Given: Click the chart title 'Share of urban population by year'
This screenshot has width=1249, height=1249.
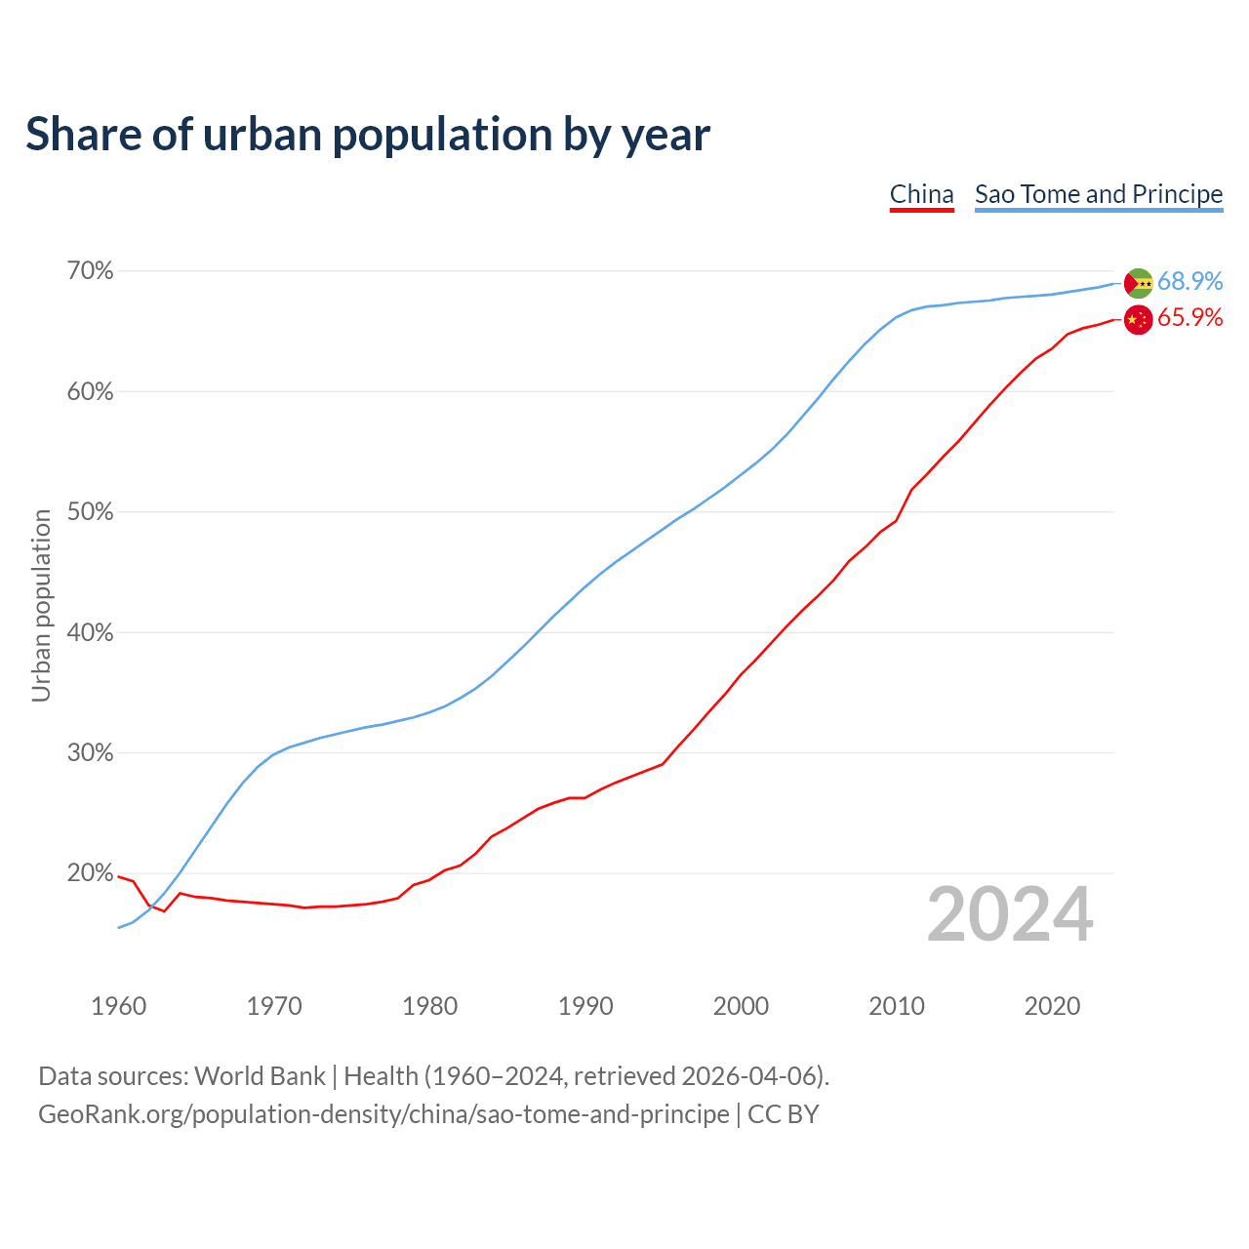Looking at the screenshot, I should (x=368, y=134).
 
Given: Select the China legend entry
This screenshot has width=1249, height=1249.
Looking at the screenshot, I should (x=921, y=194).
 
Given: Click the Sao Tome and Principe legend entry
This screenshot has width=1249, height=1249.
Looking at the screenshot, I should (x=1099, y=194).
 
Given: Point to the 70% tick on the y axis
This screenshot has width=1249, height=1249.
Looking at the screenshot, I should (x=90, y=271).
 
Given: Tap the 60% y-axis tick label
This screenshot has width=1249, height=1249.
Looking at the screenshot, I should (x=90, y=392).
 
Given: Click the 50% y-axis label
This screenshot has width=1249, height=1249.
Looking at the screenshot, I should (x=90, y=512).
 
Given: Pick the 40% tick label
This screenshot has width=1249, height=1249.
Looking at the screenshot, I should (x=90, y=633).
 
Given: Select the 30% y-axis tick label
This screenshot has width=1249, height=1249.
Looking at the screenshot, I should (x=90, y=753).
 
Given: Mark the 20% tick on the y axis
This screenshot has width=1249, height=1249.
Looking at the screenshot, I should (x=90, y=873).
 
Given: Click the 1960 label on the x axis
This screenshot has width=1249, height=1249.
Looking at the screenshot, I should (x=119, y=1006).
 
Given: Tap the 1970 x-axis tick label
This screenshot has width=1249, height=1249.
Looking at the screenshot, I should (x=274, y=1006).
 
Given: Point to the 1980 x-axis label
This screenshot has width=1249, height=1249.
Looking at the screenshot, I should (x=430, y=1006).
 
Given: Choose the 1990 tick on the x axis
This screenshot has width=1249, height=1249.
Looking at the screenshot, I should (x=585, y=1006).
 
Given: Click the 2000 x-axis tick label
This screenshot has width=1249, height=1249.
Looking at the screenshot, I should (x=742, y=1006).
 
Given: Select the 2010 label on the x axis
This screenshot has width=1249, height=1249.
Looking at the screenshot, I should (x=897, y=1006).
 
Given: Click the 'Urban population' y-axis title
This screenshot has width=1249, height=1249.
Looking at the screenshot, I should (x=41, y=605).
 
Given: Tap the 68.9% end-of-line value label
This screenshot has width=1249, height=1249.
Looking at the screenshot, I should (x=1189, y=281).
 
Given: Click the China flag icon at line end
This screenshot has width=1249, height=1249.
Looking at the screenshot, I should (x=1139, y=319).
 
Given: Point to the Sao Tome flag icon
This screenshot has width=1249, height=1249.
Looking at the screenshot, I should (x=1139, y=283).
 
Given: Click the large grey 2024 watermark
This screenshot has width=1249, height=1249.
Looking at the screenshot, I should (x=1010, y=914).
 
